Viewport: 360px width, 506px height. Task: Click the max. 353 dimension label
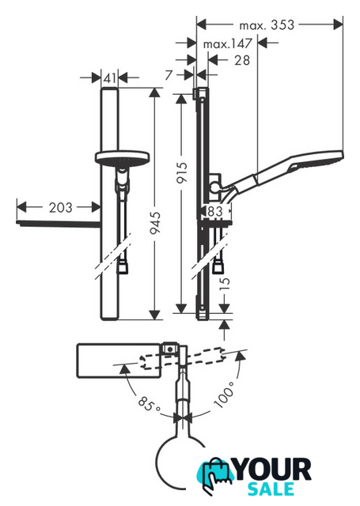pos(267,25)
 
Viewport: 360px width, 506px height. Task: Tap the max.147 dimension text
pos(227,43)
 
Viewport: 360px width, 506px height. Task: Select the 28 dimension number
pos(242,60)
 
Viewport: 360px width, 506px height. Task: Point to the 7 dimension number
pos(169,75)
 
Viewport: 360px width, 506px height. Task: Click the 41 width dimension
pos(110,77)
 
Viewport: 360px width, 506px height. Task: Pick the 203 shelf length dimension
pos(61,207)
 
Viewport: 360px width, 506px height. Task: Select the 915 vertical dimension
pos(182,172)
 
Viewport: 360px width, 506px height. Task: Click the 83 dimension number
pos(215,211)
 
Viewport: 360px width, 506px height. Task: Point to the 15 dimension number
pos(225,283)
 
